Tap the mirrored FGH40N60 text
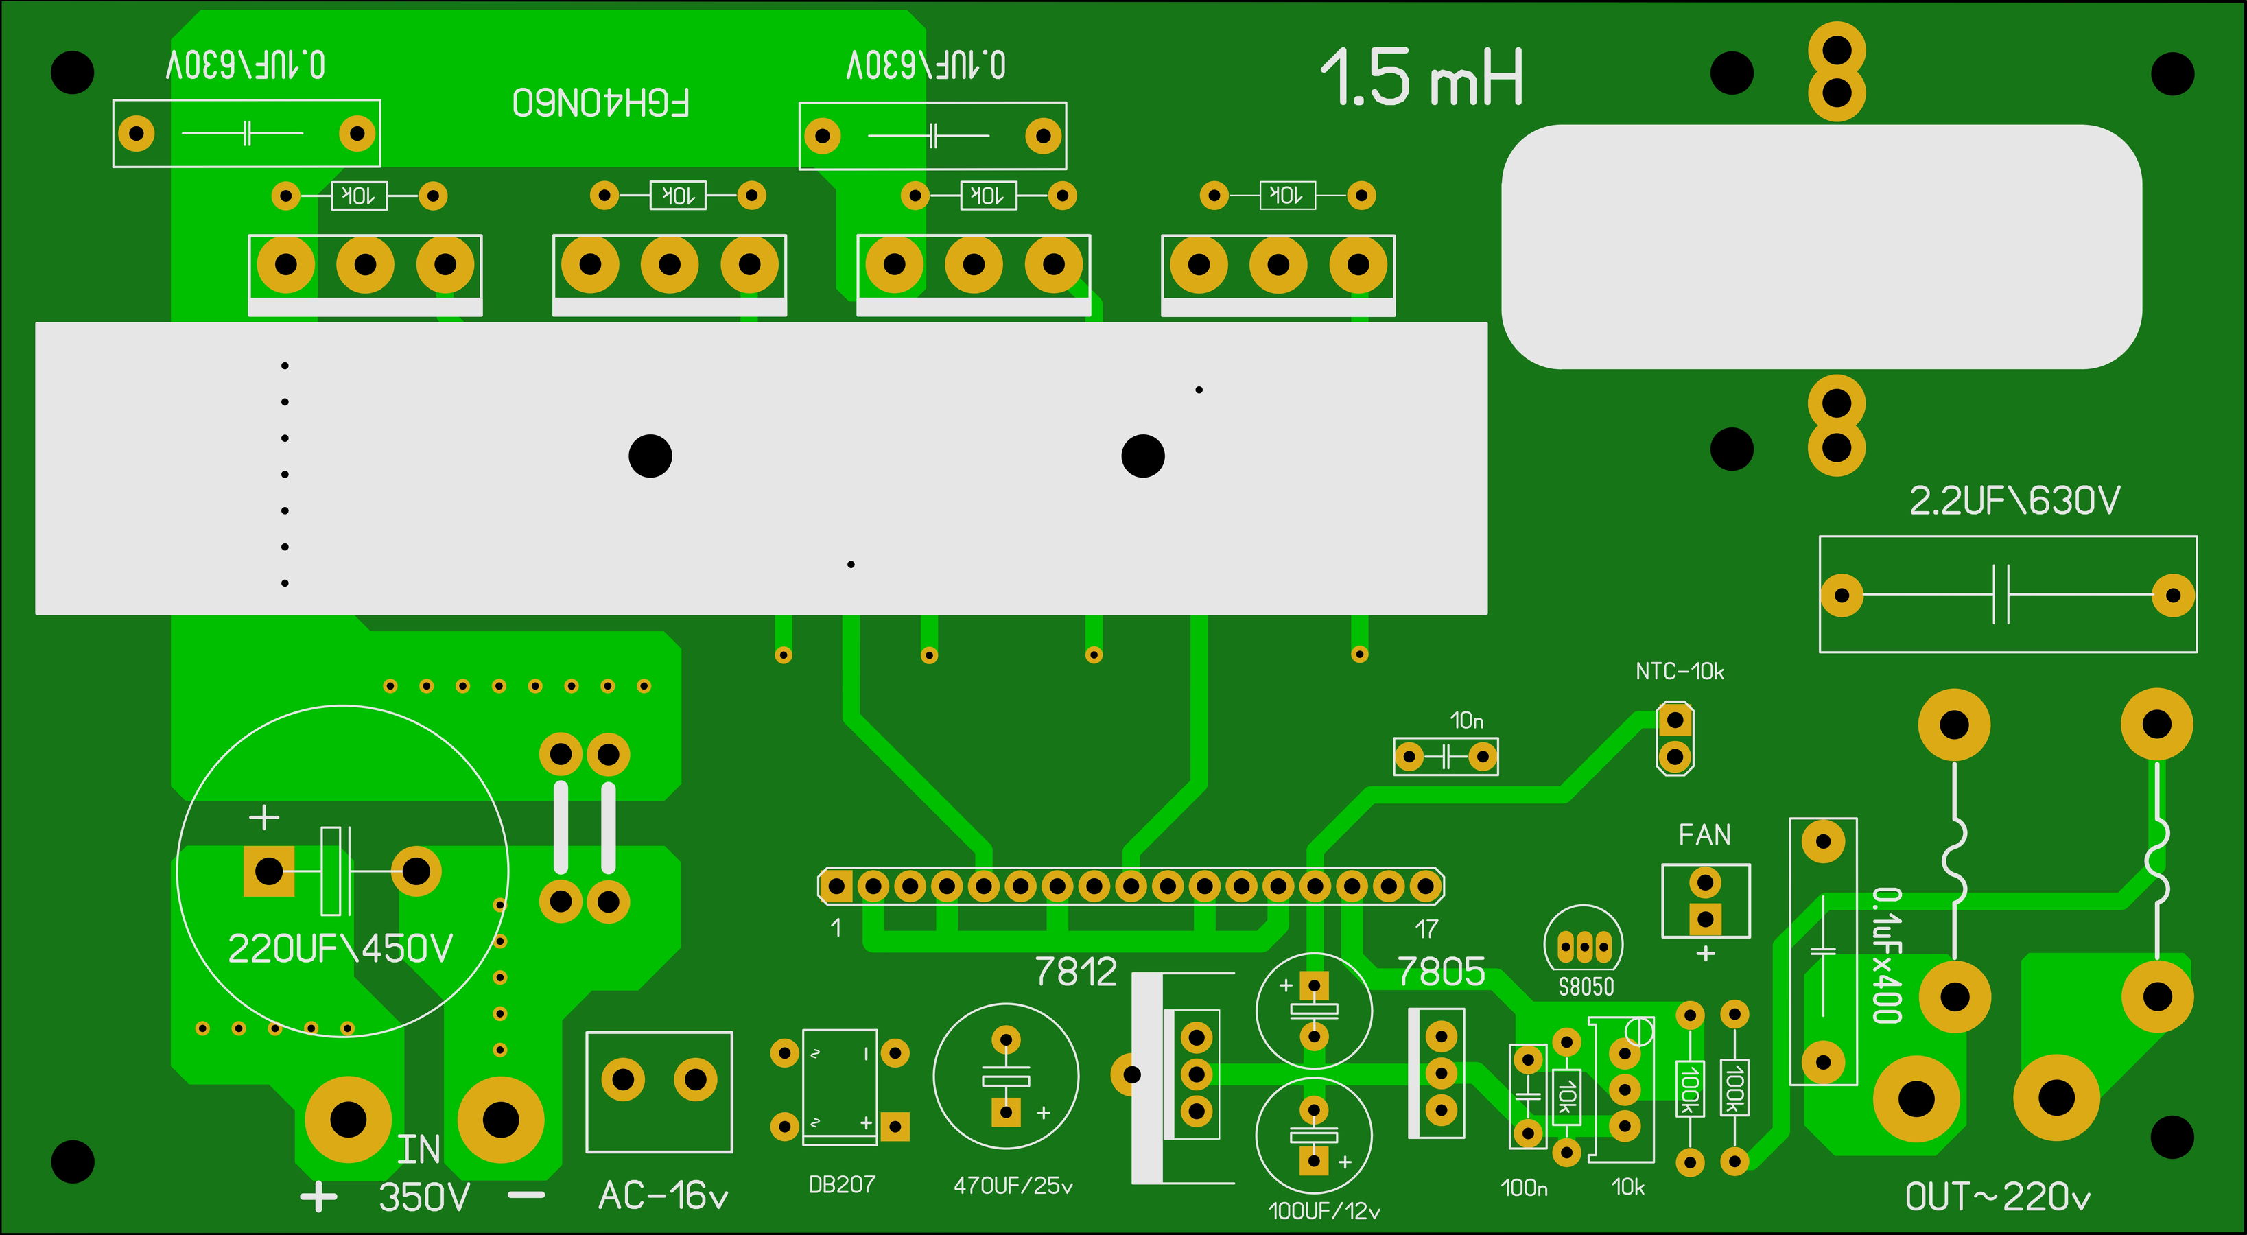click(x=601, y=103)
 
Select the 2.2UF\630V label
click(x=2014, y=501)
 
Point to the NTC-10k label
click(x=1679, y=672)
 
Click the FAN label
click(x=1704, y=836)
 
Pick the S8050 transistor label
click(x=1586, y=987)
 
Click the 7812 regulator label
click(x=1076, y=972)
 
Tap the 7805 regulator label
click(x=1441, y=972)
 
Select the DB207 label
click(x=842, y=1184)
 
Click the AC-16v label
click(x=663, y=1196)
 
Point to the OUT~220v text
click(x=1997, y=1197)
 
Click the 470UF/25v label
click(x=1013, y=1186)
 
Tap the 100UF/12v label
click(x=1324, y=1210)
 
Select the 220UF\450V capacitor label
click(x=340, y=949)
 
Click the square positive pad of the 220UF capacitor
click(x=269, y=871)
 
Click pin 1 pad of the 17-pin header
click(x=836, y=887)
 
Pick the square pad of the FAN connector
click(x=1704, y=919)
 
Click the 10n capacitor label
click(x=1466, y=720)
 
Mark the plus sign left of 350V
click(x=318, y=1197)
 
